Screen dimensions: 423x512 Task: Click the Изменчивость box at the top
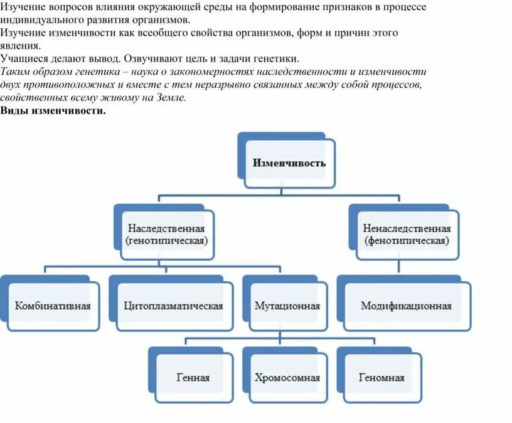(289, 163)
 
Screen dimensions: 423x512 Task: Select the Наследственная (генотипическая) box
(167, 234)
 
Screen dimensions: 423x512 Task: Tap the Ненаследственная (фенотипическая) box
(407, 234)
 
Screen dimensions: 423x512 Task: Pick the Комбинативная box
(53, 306)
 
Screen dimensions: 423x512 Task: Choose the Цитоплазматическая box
(173, 306)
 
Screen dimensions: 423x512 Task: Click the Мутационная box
(287, 306)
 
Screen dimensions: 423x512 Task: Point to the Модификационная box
(407, 306)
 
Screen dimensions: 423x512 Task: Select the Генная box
(193, 378)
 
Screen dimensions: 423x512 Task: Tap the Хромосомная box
(287, 378)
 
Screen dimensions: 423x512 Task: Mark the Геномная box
(381, 378)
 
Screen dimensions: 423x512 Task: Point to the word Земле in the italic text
(170, 98)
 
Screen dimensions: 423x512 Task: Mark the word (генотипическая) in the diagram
(167, 240)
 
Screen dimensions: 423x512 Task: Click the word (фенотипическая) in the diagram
(407, 240)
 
